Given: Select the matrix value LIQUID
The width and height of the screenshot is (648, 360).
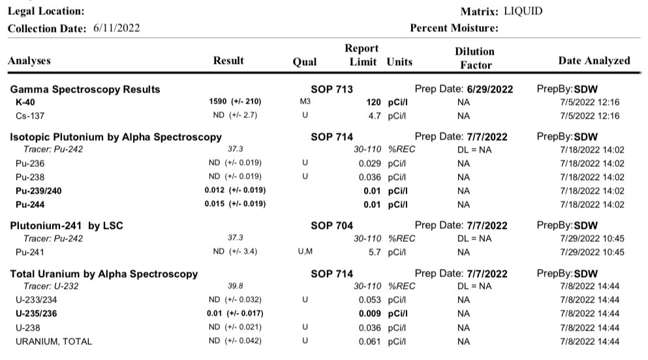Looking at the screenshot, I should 523,11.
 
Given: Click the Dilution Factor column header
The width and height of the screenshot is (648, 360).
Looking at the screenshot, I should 474,58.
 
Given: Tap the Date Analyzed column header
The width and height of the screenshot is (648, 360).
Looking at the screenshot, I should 594,61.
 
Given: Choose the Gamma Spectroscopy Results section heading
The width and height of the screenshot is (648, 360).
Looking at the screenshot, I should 85,89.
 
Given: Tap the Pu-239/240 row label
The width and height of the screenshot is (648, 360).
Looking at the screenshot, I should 40,191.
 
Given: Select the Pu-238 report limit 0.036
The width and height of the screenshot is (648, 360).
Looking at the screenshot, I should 370,177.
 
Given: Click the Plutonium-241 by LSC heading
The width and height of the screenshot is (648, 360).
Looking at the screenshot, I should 67,226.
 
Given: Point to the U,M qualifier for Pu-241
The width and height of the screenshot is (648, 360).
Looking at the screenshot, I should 305,252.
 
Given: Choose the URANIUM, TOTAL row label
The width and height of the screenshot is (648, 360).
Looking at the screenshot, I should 54,341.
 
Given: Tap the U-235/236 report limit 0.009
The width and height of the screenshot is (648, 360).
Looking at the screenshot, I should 370,314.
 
